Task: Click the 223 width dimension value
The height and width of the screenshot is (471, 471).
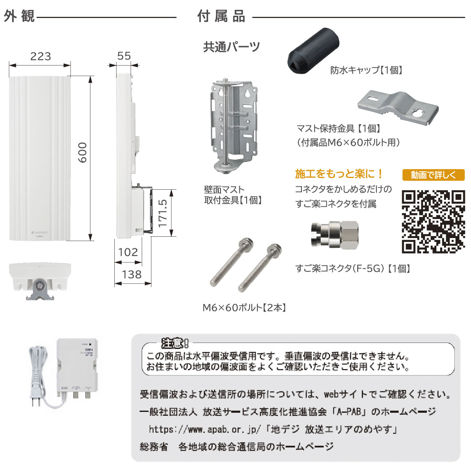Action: pyautogui.click(x=41, y=56)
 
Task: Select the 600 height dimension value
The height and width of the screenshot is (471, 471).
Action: pyautogui.click(x=82, y=152)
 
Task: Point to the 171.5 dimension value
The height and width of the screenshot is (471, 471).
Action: pyautogui.click(x=163, y=213)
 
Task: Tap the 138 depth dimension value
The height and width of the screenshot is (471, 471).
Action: pyautogui.click(x=131, y=274)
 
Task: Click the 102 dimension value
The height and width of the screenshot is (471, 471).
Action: pyautogui.click(x=128, y=252)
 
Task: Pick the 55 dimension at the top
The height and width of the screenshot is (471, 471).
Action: pyautogui.click(x=124, y=56)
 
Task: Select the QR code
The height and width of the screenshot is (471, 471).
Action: pyautogui.click(x=433, y=221)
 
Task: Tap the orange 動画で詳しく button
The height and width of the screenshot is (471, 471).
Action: pyautogui.click(x=433, y=175)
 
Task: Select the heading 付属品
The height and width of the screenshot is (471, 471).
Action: pyautogui.click(x=221, y=17)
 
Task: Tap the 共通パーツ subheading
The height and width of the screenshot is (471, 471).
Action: pyautogui.click(x=231, y=47)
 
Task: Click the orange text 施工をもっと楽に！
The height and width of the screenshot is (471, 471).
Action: pyautogui.click(x=339, y=173)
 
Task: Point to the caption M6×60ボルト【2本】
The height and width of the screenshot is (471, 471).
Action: pyautogui.click(x=244, y=307)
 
